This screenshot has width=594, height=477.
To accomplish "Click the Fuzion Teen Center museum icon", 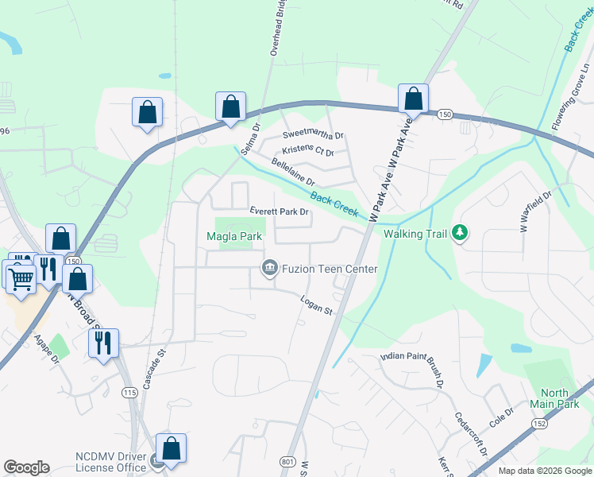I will coord(269,269).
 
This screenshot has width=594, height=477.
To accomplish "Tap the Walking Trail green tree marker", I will coord(460,233).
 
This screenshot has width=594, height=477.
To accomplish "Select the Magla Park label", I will coord(233,237).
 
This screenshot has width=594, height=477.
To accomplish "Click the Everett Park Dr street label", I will coord(279,212).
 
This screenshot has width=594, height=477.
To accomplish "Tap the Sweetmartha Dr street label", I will coord(313,135).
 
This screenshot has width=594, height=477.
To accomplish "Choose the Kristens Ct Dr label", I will coord(308,151).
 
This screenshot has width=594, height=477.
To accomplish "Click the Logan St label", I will coord(316,304).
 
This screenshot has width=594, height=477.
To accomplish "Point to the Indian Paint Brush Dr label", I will coord(411,367).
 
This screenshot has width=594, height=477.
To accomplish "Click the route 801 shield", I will coord(287,461).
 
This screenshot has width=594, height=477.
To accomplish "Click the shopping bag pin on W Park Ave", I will coord(413,99).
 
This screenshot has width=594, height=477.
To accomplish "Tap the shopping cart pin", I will coord(21,276).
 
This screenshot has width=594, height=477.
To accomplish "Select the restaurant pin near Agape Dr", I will coord(103,343).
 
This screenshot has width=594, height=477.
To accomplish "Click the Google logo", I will coord(26,467).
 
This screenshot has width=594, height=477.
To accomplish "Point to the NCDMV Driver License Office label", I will coord(111,462).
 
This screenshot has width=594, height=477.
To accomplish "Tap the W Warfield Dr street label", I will coord(536,211).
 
